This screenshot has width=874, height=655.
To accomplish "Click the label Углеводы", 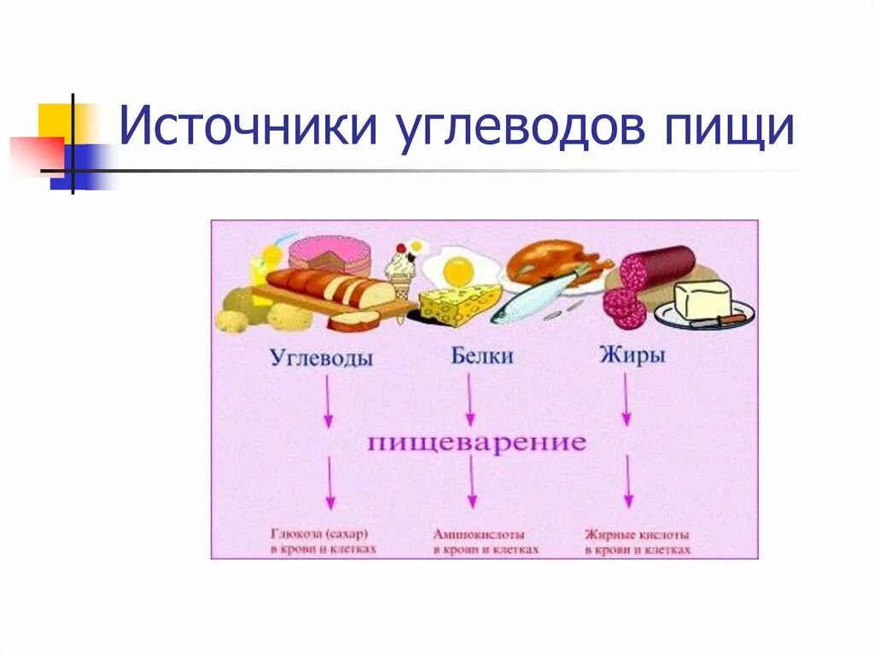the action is (321, 359).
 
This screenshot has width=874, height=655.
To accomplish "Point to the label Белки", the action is (482, 355).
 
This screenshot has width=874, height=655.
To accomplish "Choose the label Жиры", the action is (633, 355).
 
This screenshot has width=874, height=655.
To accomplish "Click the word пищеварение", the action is (477, 443).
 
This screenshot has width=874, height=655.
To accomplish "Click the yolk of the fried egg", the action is (458, 271).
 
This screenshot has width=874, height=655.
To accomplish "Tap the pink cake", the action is (329, 254).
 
